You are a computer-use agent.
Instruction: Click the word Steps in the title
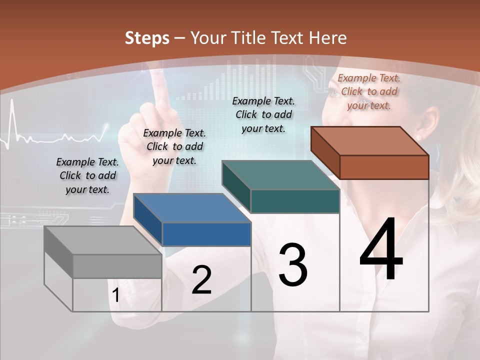pos(147,38)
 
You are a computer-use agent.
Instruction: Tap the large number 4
pos(381,250)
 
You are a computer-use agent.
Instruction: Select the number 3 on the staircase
pos(293,265)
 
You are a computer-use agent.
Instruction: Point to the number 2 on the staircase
pos(201,280)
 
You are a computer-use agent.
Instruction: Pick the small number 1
pos(116,295)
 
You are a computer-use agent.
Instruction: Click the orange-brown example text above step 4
pos(369,91)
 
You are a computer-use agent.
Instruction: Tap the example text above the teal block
pos(263,114)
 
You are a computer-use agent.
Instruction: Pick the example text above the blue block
pos(174,146)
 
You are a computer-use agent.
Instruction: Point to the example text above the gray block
pos(87,175)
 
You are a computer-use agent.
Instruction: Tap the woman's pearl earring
pos(418,137)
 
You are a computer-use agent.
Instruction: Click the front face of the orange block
pos(384,167)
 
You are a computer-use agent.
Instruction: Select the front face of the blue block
pos(206,234)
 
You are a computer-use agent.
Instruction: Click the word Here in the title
pos(328,38)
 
